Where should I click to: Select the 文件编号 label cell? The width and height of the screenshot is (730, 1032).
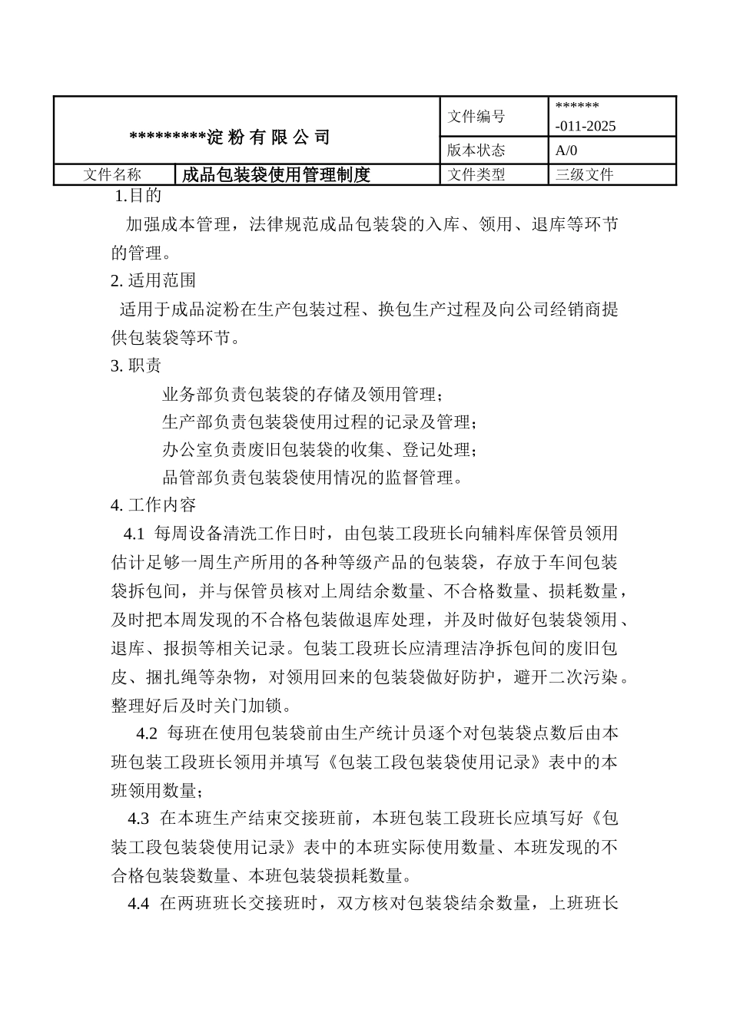476,117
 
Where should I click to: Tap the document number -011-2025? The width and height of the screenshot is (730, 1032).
586,127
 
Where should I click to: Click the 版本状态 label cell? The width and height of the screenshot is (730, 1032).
476,150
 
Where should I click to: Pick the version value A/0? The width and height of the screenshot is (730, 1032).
566,150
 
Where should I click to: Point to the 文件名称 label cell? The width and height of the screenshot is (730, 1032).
112,175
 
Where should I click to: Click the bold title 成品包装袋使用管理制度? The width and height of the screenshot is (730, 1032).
277,175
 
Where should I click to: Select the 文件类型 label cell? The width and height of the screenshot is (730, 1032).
476,175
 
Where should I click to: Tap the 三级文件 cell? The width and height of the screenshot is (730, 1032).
585,175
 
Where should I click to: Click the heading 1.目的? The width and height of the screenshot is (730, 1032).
138,196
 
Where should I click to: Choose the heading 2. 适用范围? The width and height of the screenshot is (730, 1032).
154,281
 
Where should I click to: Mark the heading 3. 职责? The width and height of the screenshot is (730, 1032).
136,366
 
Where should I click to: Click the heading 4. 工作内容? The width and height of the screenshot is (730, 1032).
154,505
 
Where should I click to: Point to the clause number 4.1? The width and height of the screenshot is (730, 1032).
134,534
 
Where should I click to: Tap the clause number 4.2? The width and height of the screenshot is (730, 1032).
147,733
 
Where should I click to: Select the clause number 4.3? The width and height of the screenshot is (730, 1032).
139,818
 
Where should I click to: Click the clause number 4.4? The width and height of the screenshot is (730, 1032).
138,904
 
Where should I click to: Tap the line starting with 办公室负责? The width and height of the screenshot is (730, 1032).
319,449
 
